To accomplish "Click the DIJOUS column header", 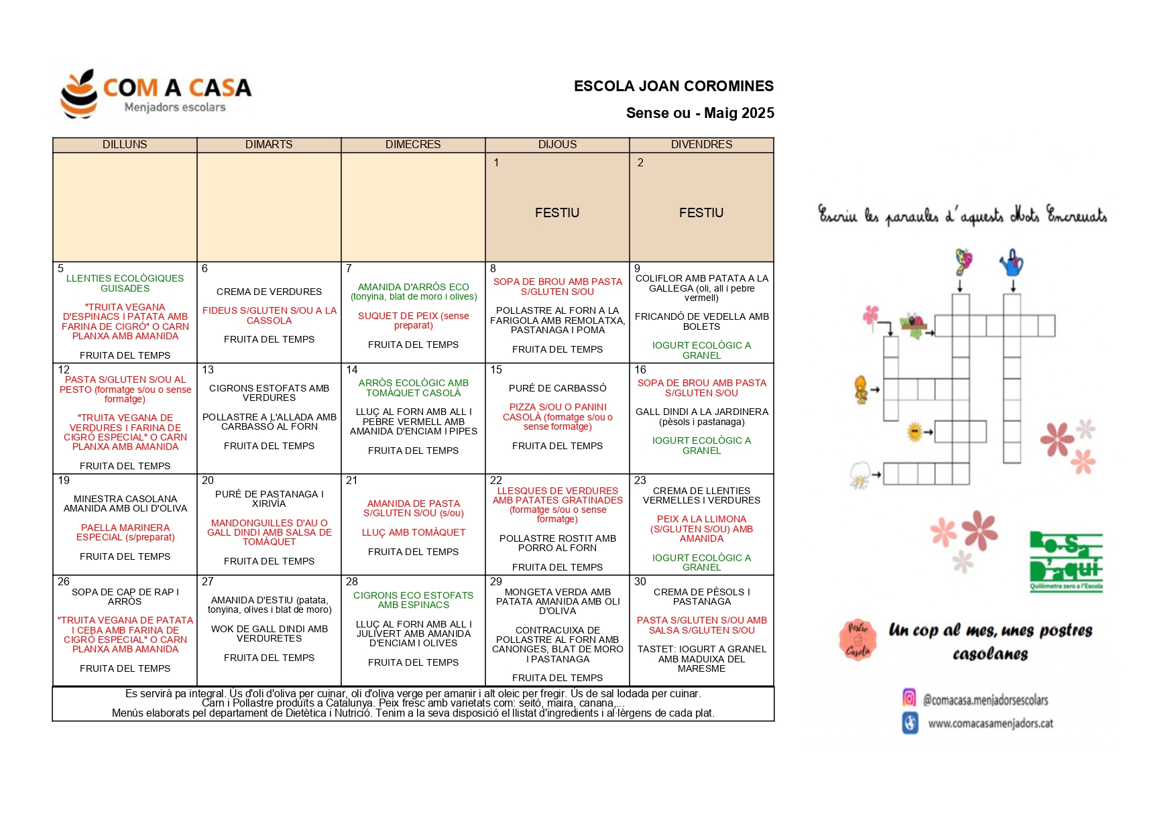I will (x=557, y=145).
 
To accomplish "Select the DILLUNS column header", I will (x=125, y=145).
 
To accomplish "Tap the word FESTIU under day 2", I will (x=701, y=213).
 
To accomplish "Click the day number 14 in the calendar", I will (x=352, y=370).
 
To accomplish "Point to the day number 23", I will (x=640, y=481).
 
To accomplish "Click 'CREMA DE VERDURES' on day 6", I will (x=269, y=292).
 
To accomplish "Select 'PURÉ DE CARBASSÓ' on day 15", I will (x=557, y=388).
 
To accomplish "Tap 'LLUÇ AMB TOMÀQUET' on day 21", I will (x=413, y=532).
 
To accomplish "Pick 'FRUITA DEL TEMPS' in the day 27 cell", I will (x=269, y=658).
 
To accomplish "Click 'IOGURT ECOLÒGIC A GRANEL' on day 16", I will (x=701, y=446).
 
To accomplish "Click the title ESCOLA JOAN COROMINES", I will (x=673, y=86).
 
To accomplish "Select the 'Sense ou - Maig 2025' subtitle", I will (x=699, y=113).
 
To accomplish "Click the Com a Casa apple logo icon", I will (x=80, y=94).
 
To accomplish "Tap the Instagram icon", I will (x=909, y=698).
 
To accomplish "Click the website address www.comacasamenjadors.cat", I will (x=990, y=723).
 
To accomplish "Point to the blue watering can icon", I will (x=1012, y=263).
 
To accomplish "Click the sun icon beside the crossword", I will (x=915, y=432).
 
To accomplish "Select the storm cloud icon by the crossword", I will (x=860, y=474).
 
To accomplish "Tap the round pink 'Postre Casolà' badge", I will (x=858, y=640).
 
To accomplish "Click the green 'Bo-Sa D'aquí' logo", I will (x=1066, y=560).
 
